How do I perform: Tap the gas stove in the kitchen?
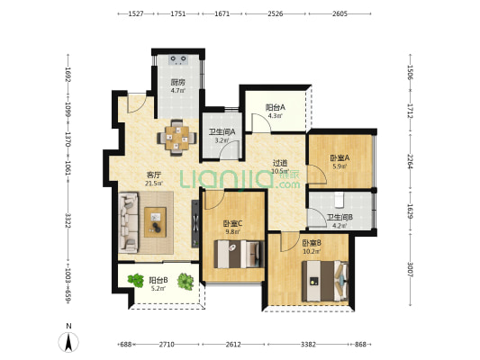point(177,59)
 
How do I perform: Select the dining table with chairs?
point(177,138)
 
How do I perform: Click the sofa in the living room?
point(128,222)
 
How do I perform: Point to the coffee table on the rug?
point(155,222)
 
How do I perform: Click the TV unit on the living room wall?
point(195,223)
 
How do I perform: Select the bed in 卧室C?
point(239,254)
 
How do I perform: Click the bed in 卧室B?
point(325,281)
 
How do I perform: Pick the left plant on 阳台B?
point(136,280)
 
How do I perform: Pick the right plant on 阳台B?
point(186,282)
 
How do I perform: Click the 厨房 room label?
point(177,82)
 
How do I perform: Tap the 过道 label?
point(280,163)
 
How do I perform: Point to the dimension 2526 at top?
point(276,13)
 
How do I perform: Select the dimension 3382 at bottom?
point(308,345)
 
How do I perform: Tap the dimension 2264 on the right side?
point(410,161)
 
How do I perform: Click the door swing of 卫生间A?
point(230,150)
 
